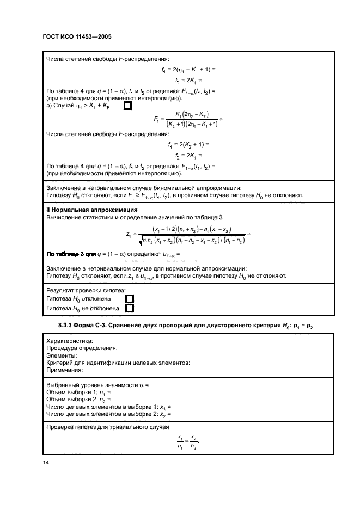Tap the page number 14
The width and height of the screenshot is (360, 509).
pos(46,462)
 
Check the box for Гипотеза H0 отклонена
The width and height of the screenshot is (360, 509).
pos(130,299)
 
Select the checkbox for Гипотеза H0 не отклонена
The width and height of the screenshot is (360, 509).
pos(130,308)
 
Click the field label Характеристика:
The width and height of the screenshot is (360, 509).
pos(70,341)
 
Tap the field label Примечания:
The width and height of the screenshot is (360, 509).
pos(64,370)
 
